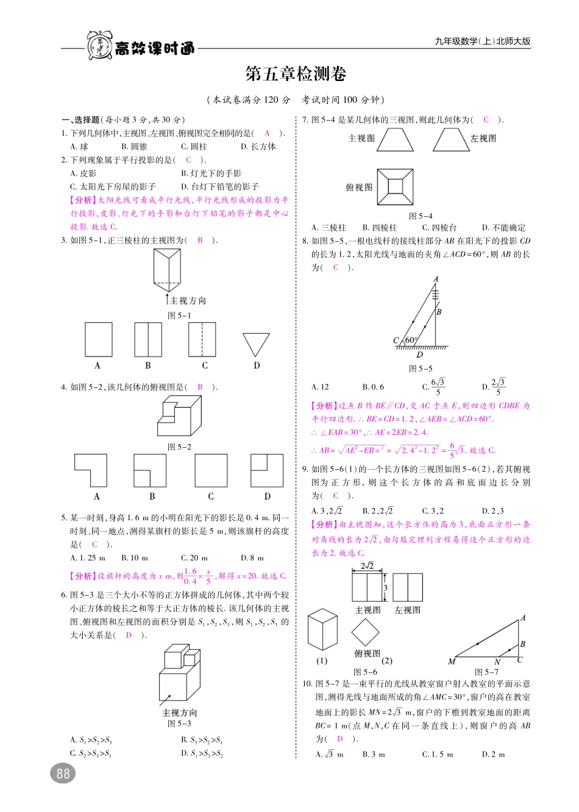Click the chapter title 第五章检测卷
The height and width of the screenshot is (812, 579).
tap(296, 74)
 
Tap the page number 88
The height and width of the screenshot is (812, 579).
tap(63, 774)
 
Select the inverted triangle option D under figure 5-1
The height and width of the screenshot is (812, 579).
tap(256, 344)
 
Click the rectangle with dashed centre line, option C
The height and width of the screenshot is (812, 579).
tap(202, 339)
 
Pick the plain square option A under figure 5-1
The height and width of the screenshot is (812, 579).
tap(99, 339)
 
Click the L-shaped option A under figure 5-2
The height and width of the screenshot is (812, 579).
tap(91, 470)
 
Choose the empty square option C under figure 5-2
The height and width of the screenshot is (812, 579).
tap(211, 470)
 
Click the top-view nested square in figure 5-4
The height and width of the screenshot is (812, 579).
tap(394, 188)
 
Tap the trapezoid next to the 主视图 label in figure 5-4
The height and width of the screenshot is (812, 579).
tap(395, 139)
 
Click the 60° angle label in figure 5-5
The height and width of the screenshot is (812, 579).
tap(411, 341)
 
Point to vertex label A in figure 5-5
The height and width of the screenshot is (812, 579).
tap(436, 280)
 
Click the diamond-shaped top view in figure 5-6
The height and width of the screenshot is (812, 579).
tap(366, 632)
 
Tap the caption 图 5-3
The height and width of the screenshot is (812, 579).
tap(179, 724)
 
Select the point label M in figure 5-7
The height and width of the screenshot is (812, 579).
tap(452, 662)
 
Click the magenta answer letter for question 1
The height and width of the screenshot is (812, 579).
tap(267, 133)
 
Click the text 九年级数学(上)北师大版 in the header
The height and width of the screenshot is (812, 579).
tap(483, 41)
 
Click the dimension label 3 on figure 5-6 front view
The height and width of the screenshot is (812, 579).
tap(385, 588)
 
